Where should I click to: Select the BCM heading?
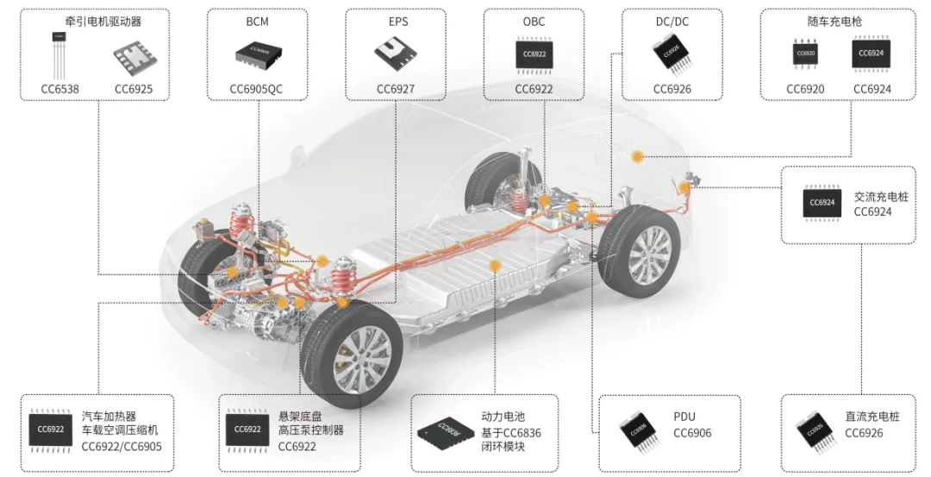257,22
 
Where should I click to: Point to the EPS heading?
395,22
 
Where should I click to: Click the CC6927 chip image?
395,54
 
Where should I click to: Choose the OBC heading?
534,22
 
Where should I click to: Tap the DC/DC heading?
672,22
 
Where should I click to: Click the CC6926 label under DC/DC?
672,89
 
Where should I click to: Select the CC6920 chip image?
805,53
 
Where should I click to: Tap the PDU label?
684,417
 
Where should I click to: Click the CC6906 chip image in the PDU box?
639,429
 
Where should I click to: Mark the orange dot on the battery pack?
495,267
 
